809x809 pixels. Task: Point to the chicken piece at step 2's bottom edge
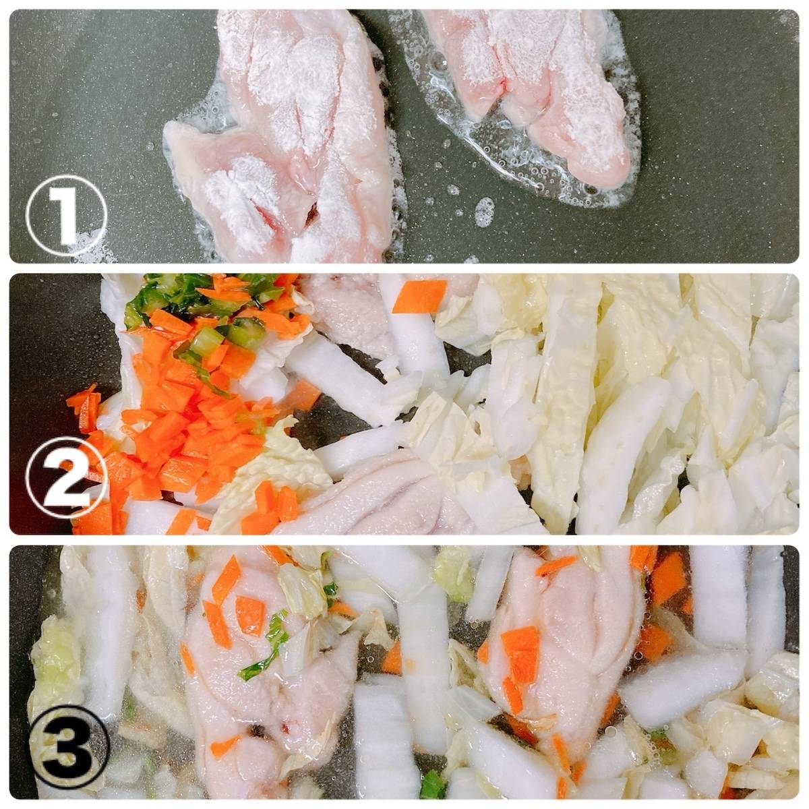(403, 496)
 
